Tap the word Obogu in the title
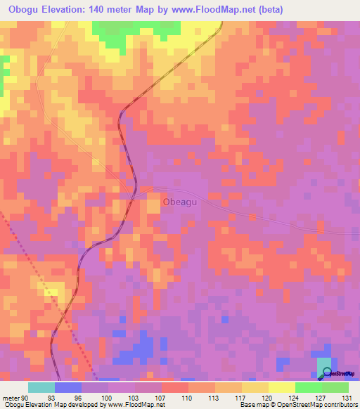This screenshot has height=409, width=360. coord(22,8)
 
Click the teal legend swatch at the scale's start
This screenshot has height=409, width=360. coord(41,387)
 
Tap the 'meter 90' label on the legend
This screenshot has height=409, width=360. coord(16,397)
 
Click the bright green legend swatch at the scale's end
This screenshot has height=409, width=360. coord(335,387)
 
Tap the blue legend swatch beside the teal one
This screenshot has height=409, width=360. coord(68,387)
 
